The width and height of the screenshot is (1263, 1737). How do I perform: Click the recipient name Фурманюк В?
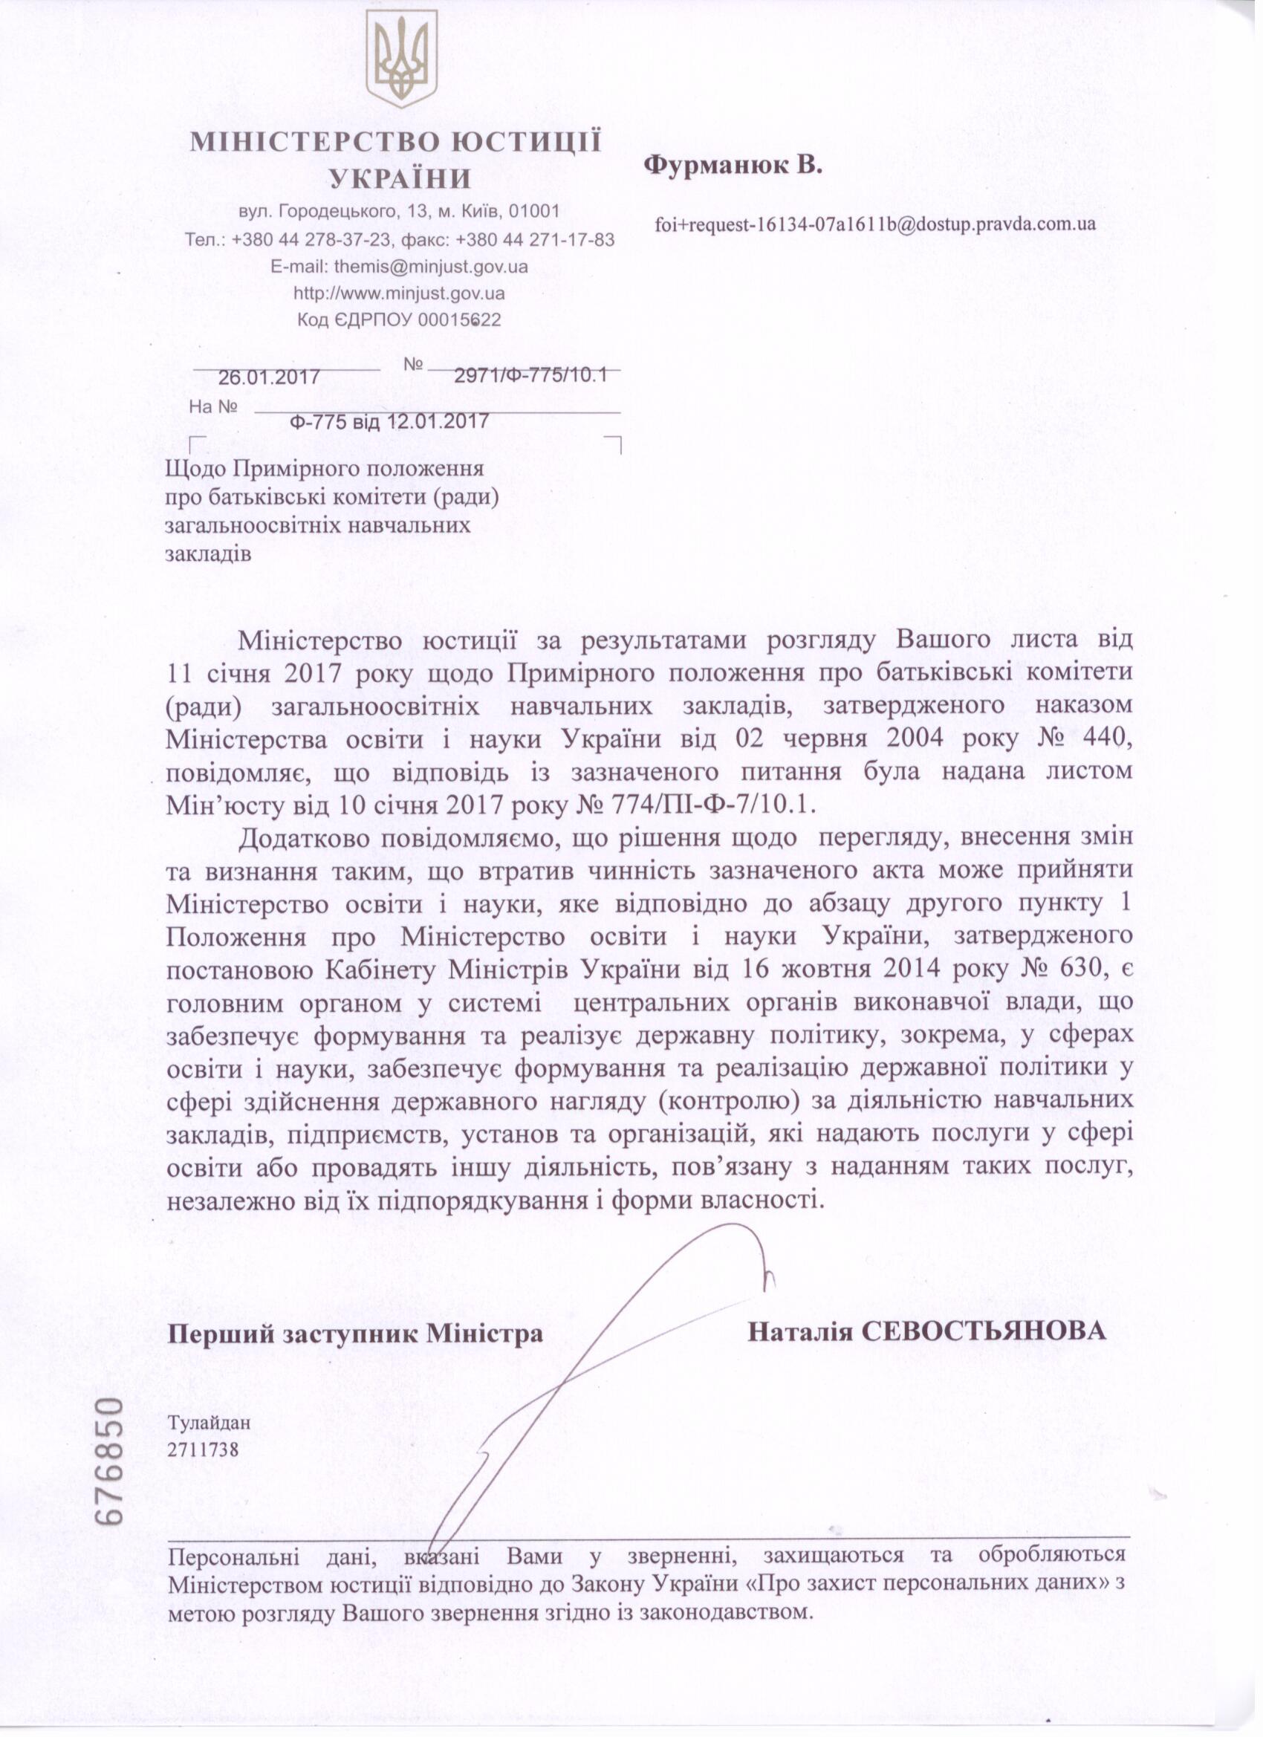click(733, 166)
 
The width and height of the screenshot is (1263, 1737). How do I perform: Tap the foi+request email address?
click(874, 224)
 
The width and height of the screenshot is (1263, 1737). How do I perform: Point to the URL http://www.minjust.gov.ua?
click(399, 293)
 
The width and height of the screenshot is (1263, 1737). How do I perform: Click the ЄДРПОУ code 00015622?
click(460, 319)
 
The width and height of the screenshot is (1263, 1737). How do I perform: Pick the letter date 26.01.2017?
click(269, 377)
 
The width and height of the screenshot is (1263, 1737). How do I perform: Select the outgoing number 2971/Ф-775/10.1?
click(530, 375)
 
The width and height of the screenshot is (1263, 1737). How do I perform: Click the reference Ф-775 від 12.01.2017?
click(390, 421)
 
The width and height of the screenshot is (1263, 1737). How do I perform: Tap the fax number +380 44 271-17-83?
click(535, 240)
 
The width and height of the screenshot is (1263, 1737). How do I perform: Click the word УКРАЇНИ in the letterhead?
click(400, 178)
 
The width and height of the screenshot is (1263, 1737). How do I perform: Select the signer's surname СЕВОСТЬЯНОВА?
click(984, 1331)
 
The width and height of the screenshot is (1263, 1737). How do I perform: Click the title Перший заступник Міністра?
click(355, 1334)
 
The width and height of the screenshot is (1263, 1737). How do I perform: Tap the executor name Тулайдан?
click(209, 1423)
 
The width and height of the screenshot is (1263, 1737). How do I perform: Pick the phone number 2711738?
click(204, 1449)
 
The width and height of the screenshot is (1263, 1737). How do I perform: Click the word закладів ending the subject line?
click(208, 553)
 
